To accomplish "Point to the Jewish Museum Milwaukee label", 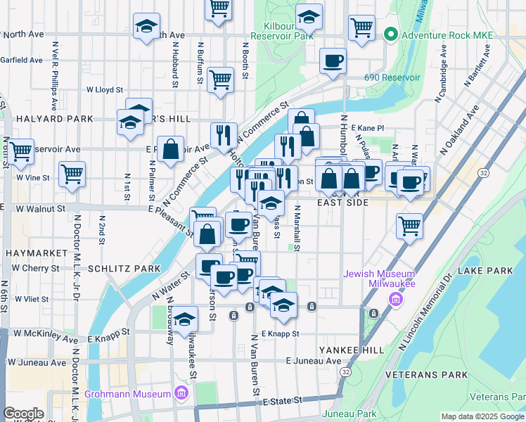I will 379,278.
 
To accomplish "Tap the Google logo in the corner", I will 23,414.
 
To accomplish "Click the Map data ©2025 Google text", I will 482,416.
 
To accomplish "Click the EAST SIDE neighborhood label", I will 342,203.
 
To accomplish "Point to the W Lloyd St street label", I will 105,90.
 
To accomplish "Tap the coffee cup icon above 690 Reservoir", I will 333,60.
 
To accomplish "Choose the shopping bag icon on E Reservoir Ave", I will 170,148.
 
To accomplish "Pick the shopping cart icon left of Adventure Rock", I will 361,28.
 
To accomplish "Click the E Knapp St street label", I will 281,333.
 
